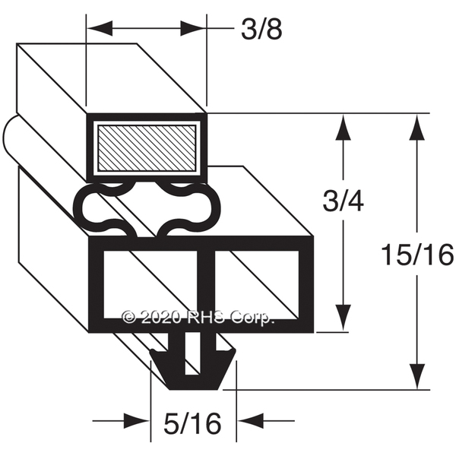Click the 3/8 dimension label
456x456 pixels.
(x=261, y=30)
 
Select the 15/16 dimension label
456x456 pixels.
(x=417, y=255)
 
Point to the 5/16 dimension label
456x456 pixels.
(x=192, y=423)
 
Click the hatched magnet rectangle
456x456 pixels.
(x=147, y=148)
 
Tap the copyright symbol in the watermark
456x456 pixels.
(x=128, y=317)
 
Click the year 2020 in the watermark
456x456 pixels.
(x=161, y=317)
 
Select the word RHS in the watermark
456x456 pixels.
(x=210, y=317)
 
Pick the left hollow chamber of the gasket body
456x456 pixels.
(x=150, y=284)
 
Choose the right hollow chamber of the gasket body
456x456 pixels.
(x=257, y=284)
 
